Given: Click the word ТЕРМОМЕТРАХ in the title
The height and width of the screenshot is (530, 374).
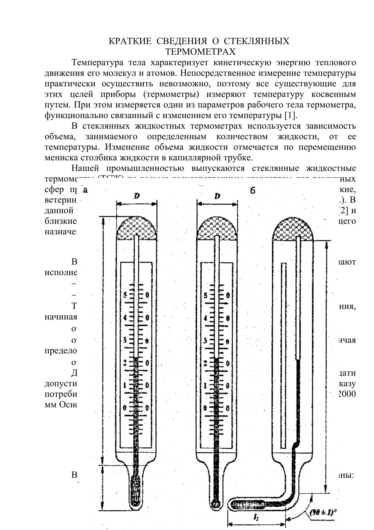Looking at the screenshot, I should tap(200, 52).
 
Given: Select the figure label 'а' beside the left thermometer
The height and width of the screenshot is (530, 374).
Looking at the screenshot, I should tap(85, 190).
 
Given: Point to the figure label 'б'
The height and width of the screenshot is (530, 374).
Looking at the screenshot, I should tap(253, 191).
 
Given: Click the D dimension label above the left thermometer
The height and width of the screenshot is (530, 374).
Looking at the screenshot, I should tap(137, 196).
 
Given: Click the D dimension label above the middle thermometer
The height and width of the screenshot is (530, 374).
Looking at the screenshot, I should tap(217, 196).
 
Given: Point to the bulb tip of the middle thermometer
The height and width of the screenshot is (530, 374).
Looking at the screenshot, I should tap(215, 504).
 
